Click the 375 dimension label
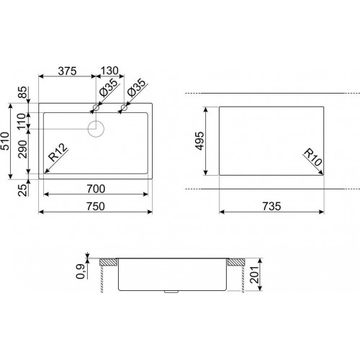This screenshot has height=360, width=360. pos(67,71)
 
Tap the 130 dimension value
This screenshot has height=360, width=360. pos(109,71)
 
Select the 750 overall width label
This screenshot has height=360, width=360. pos(96,207)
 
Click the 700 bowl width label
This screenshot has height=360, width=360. pos(96,189)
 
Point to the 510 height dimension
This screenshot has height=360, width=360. pos(5,141)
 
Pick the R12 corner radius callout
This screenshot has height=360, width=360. pos(58,153)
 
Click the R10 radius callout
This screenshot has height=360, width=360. pos(313,158)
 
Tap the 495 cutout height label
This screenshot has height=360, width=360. pos(199,141)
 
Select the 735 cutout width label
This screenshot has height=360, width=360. pos(271,207)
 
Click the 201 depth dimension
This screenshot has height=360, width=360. pos(254,274)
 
